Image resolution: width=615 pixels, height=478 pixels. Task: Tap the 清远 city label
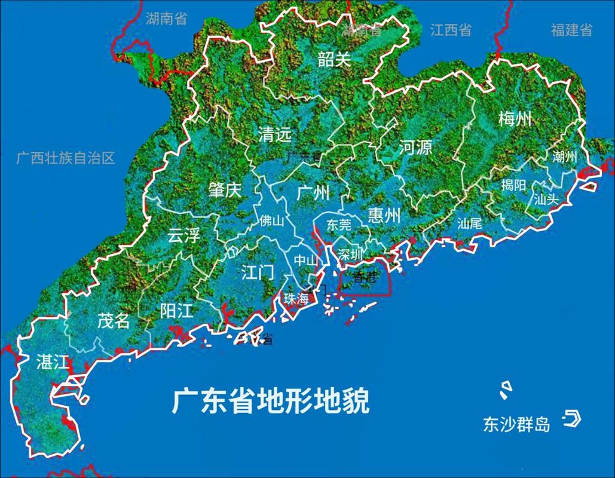tap(275, 135)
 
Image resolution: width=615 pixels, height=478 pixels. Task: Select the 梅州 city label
tap(515, 120)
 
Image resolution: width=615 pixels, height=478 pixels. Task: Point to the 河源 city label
tap(415, 148)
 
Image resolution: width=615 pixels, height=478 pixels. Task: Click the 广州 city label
tap(313, 193)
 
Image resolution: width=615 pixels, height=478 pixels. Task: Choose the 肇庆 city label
tap(224, 191)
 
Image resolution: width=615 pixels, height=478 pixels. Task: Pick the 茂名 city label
tap(114, 321)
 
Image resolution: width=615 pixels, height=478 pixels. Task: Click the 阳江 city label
tap(177, 311)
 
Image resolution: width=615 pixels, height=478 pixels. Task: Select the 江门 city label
tap(258, 273)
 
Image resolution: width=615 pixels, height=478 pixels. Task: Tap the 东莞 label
tap(339, 225)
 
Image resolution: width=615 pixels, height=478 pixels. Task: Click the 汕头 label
tap(546, 200)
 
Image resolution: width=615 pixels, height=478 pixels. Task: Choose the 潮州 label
tap(565, 157)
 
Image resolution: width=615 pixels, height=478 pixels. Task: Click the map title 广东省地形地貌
tap(271, 402)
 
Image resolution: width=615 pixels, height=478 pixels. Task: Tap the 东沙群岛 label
tap(516, 424)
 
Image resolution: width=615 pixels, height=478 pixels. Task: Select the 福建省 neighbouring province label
tap(571, 30)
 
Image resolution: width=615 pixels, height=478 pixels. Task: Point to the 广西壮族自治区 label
tap(66, 158)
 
